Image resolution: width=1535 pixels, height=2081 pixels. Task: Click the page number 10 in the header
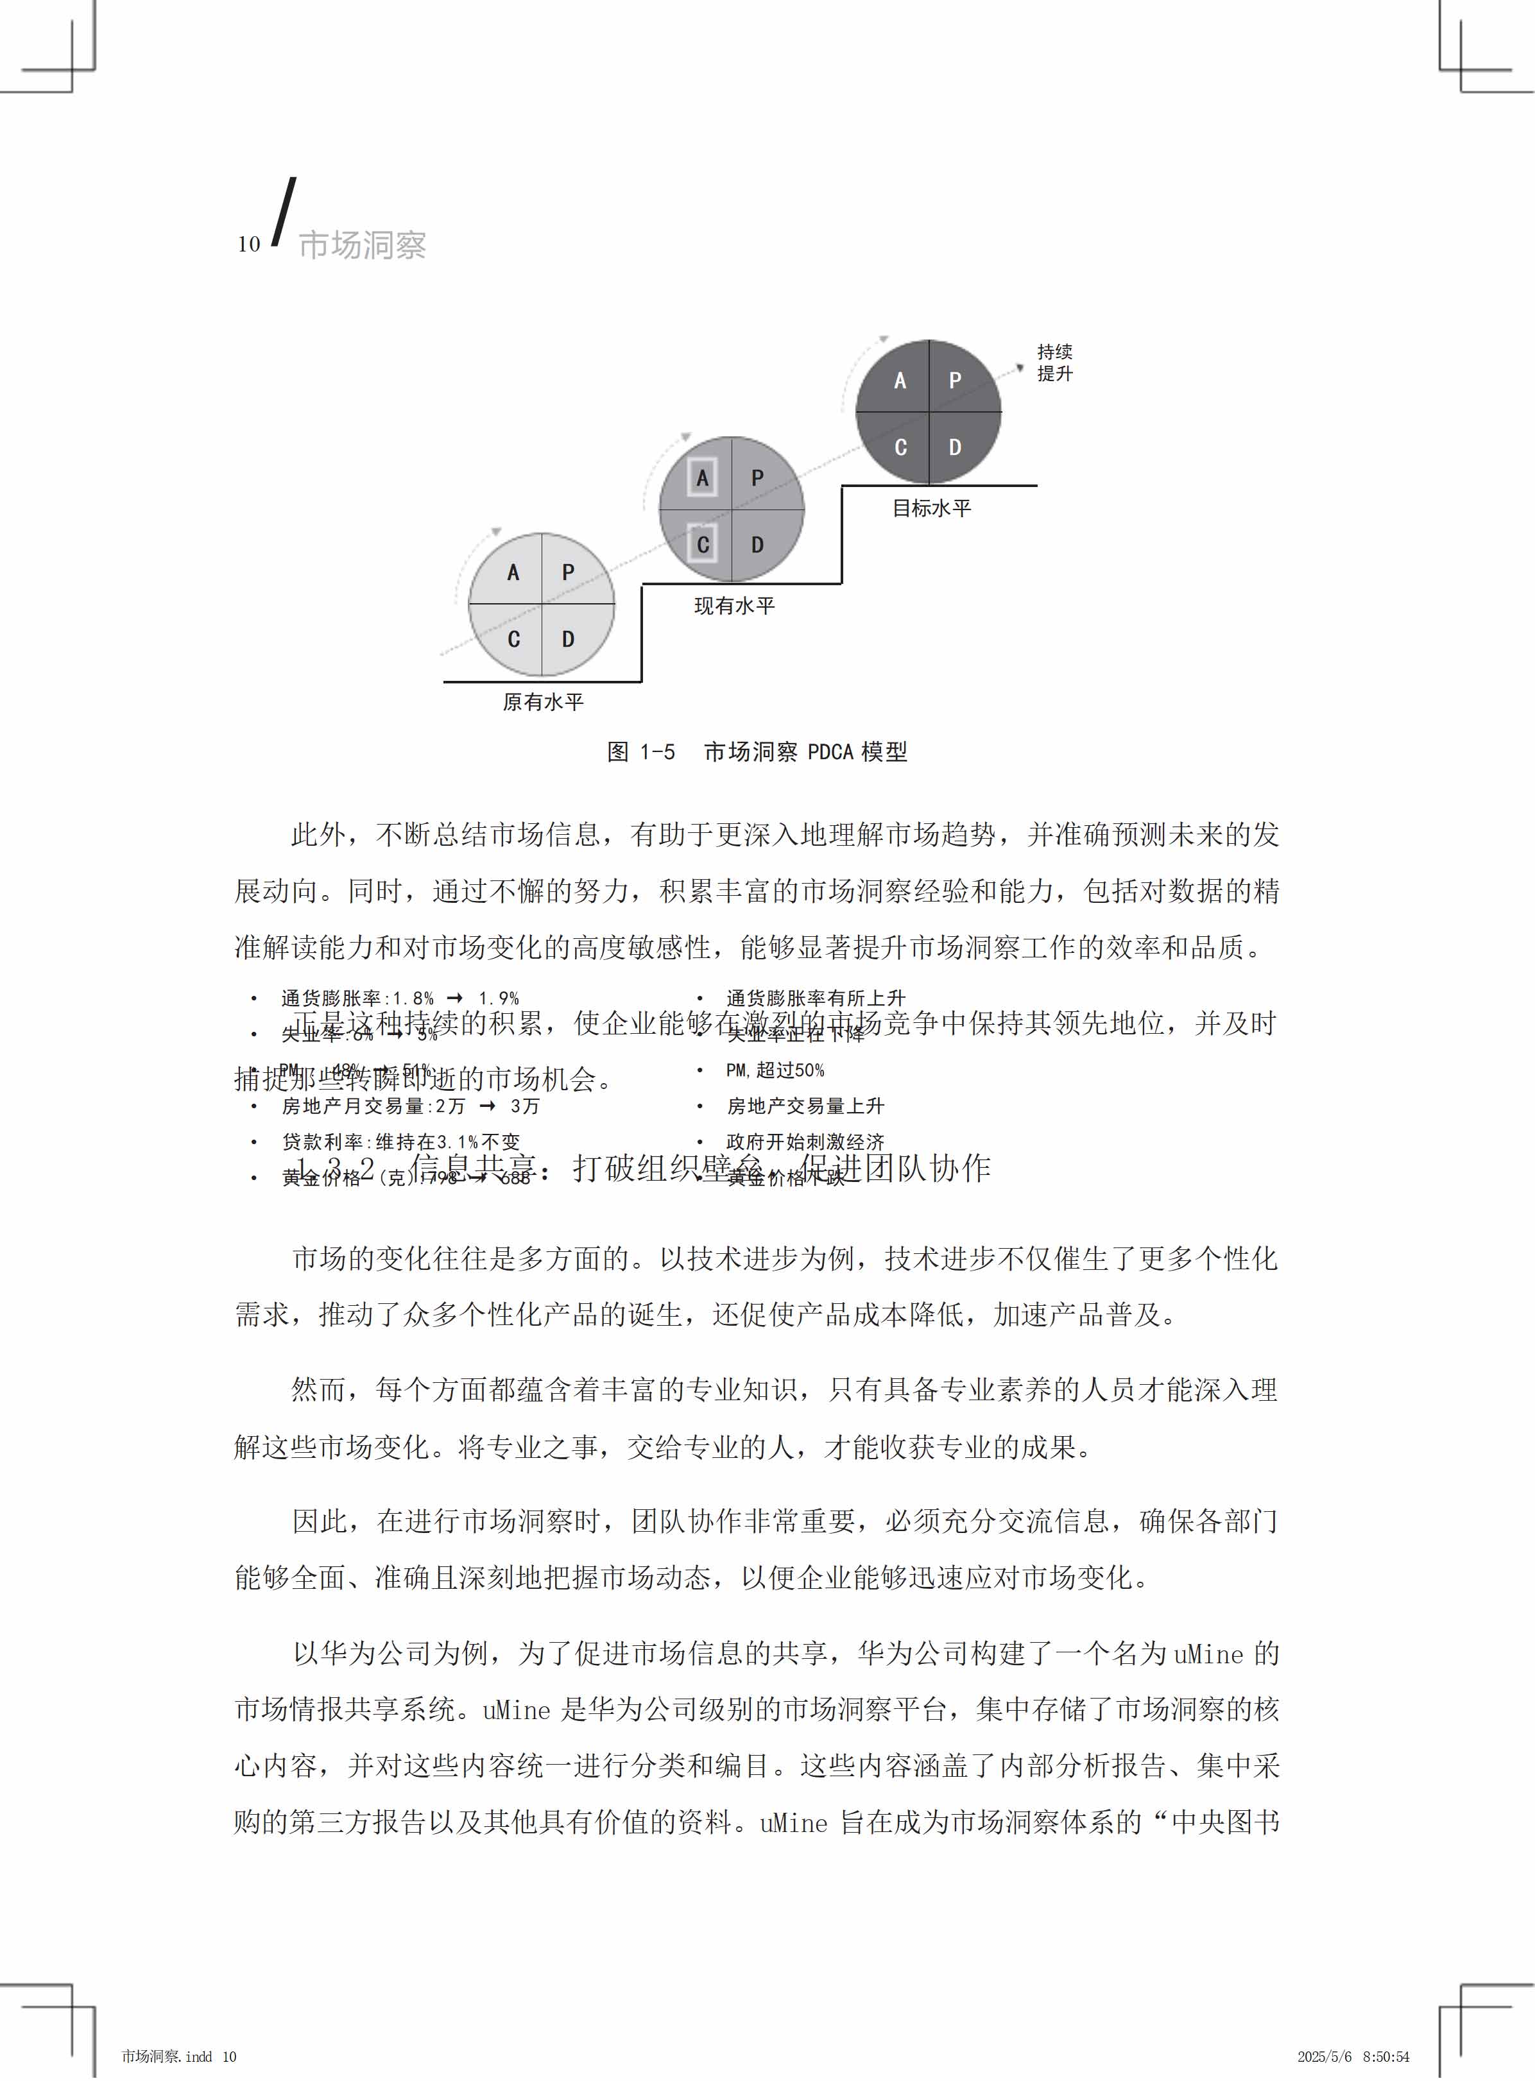click(x=248, y=244)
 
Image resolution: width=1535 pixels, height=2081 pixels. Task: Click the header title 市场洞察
click(x=363, y=245)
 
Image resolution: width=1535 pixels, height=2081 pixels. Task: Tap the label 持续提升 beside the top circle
click(x=1054, y=363)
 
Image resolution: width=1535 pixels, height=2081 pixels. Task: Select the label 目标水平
click(x=931, y=508)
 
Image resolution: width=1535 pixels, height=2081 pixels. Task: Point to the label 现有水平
click(x=734, y=606)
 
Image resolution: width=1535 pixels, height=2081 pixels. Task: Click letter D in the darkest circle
click(x=954, y=447)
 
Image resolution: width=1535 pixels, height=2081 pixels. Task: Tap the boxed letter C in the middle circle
click(x=703, y=544)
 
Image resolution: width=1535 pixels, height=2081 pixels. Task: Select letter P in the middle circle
click(x=757, y=477)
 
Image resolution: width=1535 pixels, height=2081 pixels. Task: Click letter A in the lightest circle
click(x=513, y=572)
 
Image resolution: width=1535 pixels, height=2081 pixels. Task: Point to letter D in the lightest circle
click(x=568, y=639)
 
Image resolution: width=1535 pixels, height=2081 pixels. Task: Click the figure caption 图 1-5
click(x=641, y=751)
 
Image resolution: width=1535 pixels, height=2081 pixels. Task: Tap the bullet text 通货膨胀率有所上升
click(x=815, y=998)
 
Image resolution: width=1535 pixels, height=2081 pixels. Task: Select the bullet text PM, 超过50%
click(x=775, y=1070)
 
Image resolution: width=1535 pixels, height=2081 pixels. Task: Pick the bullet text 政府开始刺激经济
click(x=805, y=1142)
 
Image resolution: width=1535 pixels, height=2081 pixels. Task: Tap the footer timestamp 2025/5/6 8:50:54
click(x=1353, y=2057)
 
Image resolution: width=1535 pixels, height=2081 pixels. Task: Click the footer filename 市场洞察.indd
click(x=167, y=2057)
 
